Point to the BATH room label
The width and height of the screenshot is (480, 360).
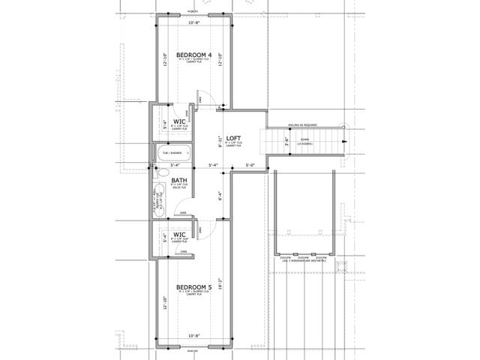[x=179, y=180]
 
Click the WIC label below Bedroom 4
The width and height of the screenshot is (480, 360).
[x=179, y=121]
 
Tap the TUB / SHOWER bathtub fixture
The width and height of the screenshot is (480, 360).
[x=171, y=153]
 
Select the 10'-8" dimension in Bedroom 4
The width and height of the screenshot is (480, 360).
[x=194, y=23]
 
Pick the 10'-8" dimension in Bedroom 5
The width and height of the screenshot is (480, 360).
[x=194, y=335]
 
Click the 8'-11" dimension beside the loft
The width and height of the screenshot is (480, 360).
[x=219, y=139]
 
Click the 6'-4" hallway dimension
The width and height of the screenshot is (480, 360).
[x=219, y=197]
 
